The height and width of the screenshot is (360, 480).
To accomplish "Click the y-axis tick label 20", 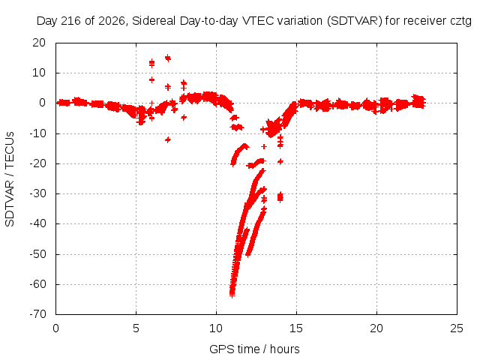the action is tap(39, 43).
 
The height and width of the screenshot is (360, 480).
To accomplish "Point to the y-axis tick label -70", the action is tap(37, 313).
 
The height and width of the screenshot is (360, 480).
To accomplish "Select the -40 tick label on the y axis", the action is tap(37, 223).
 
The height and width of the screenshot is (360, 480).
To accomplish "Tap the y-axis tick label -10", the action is tap(37, 133).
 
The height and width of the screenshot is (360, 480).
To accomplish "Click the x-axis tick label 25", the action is tap(457, 328).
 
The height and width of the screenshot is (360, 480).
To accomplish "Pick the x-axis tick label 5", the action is tap(136, 328).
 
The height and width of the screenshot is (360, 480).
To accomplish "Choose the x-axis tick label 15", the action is tap(296, 328).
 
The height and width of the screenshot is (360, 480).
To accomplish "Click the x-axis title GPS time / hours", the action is tap(254, 349).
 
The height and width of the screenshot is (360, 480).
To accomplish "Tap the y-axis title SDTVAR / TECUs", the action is tap(10, 179).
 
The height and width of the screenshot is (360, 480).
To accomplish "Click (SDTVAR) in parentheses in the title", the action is tap(355, 21).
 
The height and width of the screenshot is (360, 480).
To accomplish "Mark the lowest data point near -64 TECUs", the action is tap(232, 295).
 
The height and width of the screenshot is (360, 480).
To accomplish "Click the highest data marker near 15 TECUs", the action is tap(168, 58).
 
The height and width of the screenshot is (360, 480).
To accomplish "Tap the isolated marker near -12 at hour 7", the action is tap(168, 139).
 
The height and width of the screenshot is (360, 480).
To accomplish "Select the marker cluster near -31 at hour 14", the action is tap(280, 197).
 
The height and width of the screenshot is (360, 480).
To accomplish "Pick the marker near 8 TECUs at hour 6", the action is tap(151, 80).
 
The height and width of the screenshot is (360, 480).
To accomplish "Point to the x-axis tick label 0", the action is tap(55, 328).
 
